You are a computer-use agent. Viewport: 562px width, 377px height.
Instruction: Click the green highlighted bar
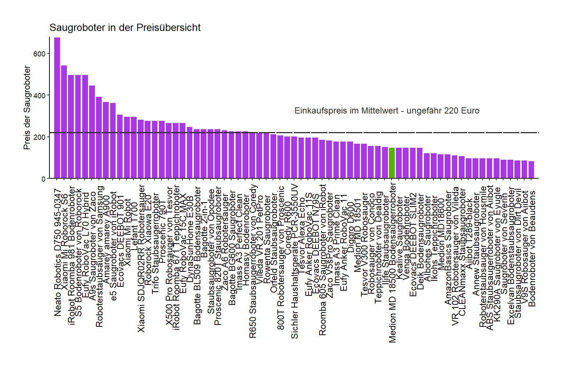[x=392, y=163]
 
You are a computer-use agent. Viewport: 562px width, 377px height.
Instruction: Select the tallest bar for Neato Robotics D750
[x=57, y=109]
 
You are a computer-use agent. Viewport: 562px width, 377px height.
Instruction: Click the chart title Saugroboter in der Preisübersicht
[x=125, y=28]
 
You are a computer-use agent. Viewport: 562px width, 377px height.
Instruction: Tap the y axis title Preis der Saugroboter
[x=27, y=108]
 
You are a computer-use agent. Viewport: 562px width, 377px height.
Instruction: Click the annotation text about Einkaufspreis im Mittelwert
[x=387, y=111]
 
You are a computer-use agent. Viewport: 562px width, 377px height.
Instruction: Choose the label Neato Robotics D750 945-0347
[x=57, y=252]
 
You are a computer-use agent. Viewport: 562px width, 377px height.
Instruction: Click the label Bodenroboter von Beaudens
[x=532, y=249]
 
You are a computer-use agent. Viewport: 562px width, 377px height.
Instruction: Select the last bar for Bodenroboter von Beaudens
[x=531, y=170]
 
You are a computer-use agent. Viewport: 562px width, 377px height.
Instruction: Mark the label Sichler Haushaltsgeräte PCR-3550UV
[x=295, y=261]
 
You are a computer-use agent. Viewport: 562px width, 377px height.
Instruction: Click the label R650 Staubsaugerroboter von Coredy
[x=253, y=261]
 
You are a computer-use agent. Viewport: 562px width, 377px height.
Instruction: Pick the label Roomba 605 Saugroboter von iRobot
[x=322, y=260]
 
